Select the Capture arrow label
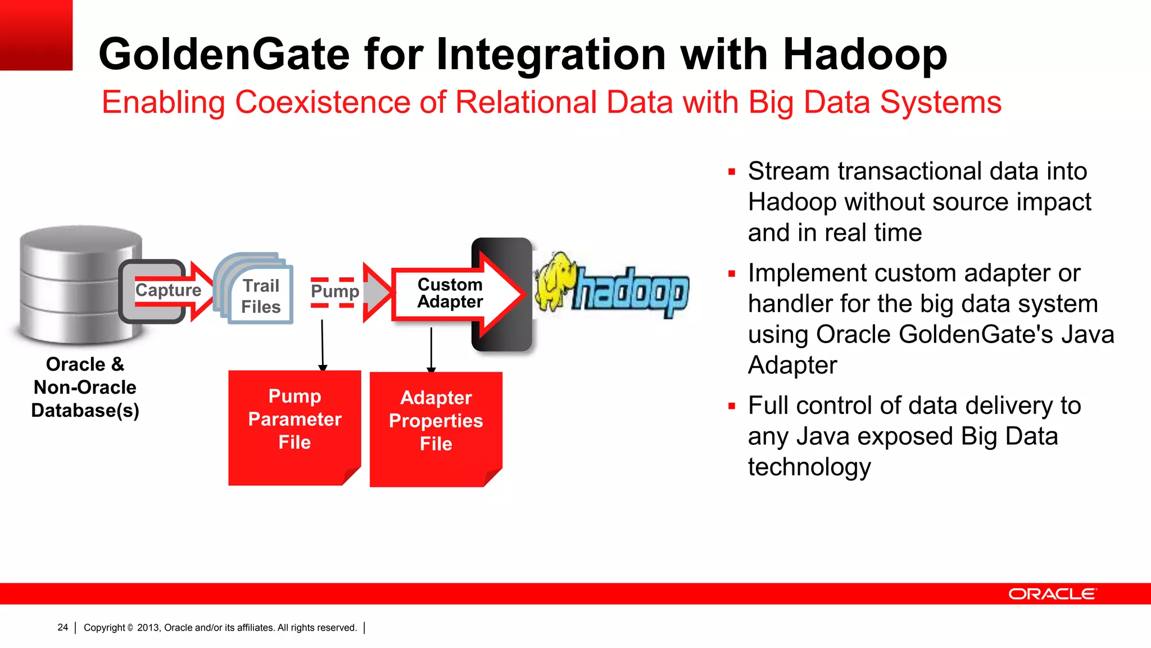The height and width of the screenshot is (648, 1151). [168, 290]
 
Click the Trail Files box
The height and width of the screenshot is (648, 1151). [261, 296]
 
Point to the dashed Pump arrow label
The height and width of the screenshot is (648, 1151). [335, 291]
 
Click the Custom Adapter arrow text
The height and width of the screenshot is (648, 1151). [450, 293]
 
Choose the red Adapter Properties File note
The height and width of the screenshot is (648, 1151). [436, 428]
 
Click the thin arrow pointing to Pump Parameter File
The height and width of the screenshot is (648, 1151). [322, 344]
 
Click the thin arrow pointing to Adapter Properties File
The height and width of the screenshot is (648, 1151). [431, 349]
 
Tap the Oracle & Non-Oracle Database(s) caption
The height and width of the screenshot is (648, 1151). [85, 388]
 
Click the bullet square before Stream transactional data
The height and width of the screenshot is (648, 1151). [731, 172]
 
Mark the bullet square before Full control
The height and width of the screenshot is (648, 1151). [731, 406]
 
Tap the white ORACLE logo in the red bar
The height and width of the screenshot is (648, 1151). [1052, 594]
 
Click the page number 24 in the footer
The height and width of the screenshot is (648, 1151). [62, 627]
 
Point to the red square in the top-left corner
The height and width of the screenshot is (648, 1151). [36, 35]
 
